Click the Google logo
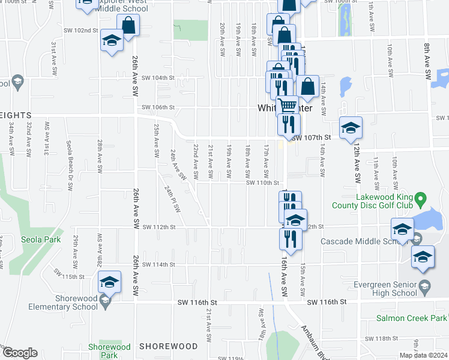pyautogui.click(x=20, y=353)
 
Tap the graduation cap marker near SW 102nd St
pyautogui.click(x=112, y=41)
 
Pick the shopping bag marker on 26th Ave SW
pyautogui.click(x=128, y=25)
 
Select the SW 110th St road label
pyautogui.click(x=263, y=183)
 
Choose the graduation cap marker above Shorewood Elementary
pyautogui.click(x=110, y=282)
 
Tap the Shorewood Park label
pyautogui.click(x=109, y=351)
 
